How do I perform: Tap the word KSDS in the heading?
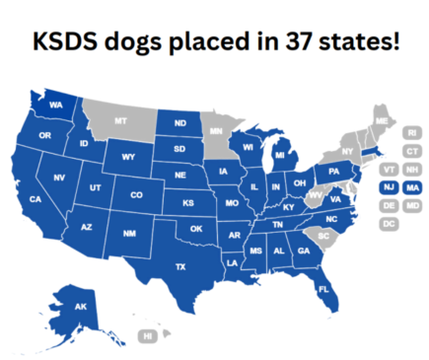coord(67,44)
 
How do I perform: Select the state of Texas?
coord(180,266)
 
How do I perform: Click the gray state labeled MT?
coord(120,120)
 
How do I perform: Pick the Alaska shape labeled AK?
coord(81,306)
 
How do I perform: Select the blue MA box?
coord(411,186)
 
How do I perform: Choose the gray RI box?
coord(411,132)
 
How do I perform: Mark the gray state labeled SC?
coord(322,237)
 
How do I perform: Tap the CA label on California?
coord(36,199)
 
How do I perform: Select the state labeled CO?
coord(136,194)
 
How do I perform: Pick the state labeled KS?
coord(188,202)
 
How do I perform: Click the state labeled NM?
coord(128,233)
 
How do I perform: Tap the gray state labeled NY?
coord(346,151)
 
